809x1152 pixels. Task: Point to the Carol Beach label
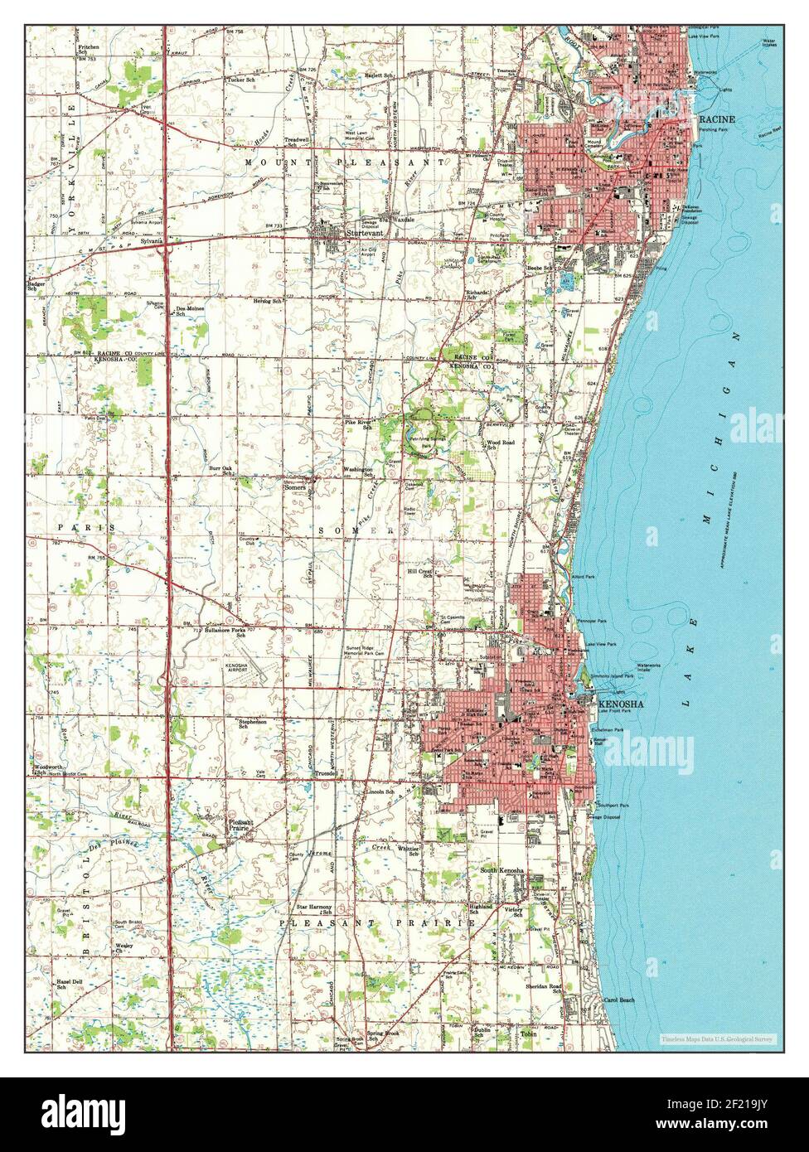coord(620,1000)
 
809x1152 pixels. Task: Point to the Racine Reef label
coord(770,132)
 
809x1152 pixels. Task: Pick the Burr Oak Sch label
coord(220,471)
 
